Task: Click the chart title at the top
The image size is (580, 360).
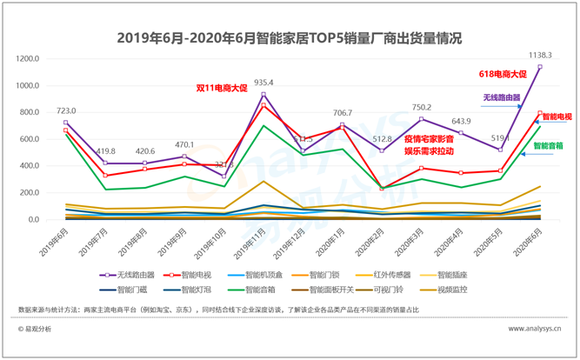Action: (290, 38)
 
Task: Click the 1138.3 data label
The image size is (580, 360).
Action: (539, 56)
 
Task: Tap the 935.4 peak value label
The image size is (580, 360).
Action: (263, 83)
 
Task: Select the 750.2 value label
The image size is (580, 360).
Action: (422, 107)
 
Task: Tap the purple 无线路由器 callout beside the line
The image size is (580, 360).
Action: (502, 98)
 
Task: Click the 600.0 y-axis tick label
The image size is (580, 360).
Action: (29, 139)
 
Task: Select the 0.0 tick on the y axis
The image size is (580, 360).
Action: (34, 219)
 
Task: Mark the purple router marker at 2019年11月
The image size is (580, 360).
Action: (263, 95)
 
